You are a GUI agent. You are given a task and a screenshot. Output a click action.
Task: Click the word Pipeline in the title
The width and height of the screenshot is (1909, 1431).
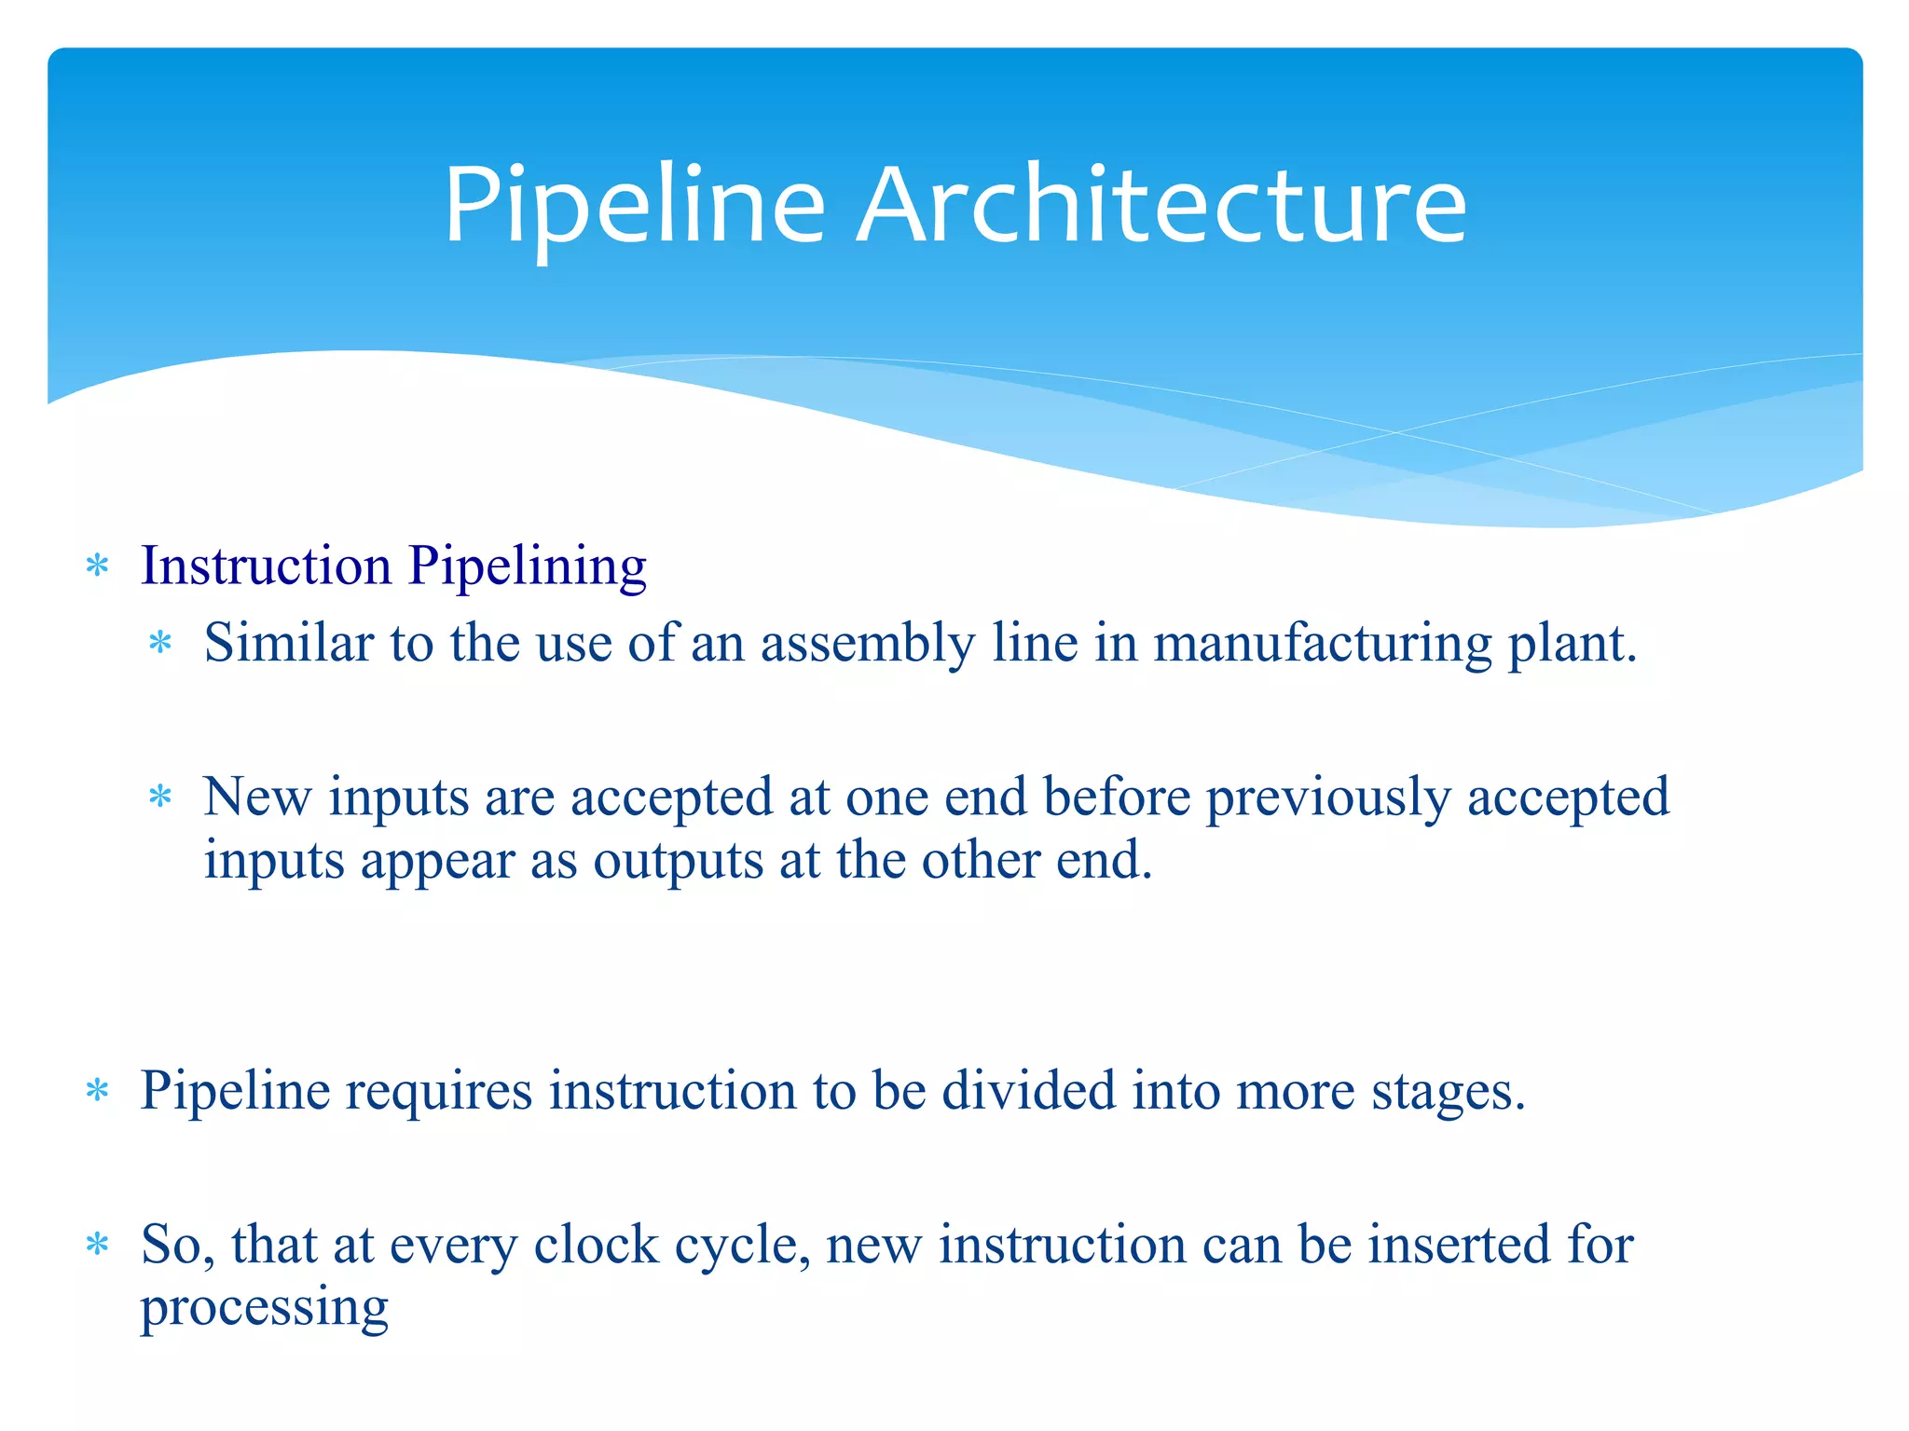(x=635, y=206)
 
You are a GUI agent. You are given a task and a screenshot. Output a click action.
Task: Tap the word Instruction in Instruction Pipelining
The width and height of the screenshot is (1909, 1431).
(x=266, y=566)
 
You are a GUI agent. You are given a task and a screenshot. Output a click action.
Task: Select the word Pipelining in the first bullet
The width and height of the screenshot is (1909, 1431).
(x=528, y=567)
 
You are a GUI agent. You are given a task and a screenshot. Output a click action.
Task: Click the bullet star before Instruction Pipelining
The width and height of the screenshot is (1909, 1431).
(x=97, y=566)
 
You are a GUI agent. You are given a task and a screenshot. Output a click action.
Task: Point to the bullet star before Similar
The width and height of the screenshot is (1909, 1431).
(x=161, y=643)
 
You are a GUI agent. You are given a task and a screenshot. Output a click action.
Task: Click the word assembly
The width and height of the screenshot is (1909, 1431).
(x=868, y=645)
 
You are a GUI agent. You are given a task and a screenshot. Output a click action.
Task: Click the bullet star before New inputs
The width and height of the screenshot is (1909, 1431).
(x=161, y=797)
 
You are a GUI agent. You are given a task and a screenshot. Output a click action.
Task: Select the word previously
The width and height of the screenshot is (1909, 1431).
(x=1328, y=798)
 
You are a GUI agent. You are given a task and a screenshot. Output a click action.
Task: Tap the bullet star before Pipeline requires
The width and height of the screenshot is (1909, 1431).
(x=97, y=1090)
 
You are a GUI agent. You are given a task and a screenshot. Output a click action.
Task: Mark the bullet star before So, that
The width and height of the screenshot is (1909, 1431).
(x=97, y=1245)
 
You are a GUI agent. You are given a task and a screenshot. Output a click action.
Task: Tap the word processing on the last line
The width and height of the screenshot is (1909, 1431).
(x=264, y=1308)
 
